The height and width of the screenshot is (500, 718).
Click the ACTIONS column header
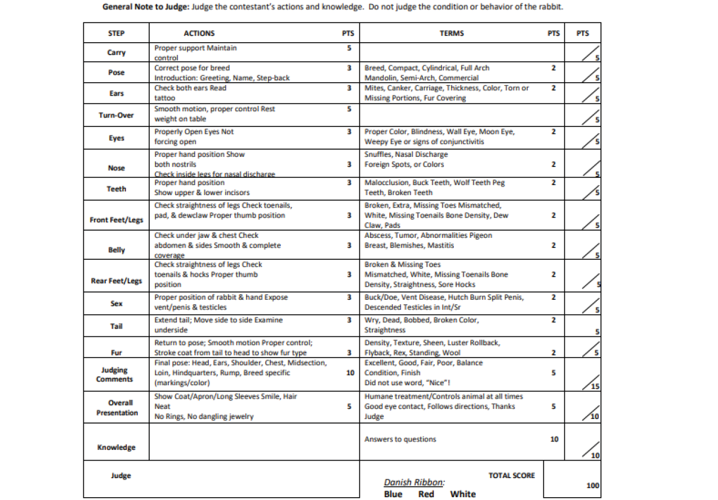pos(199,33)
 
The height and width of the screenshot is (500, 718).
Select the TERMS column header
pos(452,33)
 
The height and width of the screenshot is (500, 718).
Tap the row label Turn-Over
pos(117,115)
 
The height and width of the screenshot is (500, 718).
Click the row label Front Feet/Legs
pos(117,220)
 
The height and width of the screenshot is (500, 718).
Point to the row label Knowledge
pos(117,447)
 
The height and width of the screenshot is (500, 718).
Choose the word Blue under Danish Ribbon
pos(393,494)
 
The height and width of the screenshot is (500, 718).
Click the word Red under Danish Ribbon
pos(426,494)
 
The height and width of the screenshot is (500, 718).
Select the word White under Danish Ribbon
pos(463,494)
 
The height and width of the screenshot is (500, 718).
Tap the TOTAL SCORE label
pos(511,476)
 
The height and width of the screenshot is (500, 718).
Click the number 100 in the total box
pos(593,485)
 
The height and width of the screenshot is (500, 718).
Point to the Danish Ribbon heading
pos(414,483)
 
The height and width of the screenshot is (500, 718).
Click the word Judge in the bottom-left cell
pos(121,476)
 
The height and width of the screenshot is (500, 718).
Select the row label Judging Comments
pos(115,375)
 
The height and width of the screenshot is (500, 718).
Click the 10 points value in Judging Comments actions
pos(350,373)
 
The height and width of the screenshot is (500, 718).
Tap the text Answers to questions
pos(400,439)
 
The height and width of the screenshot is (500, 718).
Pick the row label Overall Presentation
pos(117,408)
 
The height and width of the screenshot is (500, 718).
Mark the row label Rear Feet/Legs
pos(117,281)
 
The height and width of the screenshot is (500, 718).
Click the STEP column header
pos(116,33)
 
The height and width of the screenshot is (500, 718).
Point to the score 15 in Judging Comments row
pos(595,386)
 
